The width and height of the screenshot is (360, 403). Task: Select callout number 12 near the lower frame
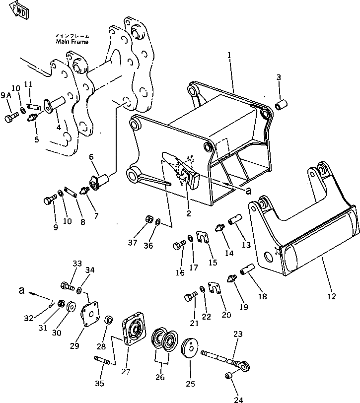(x=331, y=296)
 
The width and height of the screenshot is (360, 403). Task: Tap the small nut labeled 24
(x=229, y=375)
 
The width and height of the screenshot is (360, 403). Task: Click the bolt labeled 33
(x=67, y=286)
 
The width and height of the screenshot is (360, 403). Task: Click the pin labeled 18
(x=247, y=272)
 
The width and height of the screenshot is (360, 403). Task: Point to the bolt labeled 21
(x=190, y=297)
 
